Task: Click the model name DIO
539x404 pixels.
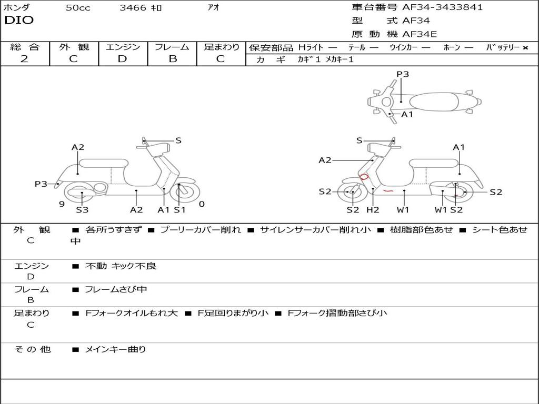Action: coord(19,21)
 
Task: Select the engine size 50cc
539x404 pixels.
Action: coord(78,8)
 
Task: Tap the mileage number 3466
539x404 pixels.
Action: coord(133,8)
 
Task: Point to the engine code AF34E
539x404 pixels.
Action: coord(420,35)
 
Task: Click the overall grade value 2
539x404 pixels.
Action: coord(24,59)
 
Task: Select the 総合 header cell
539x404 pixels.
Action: coord(25,47)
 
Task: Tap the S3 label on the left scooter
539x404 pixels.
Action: coord(82,210)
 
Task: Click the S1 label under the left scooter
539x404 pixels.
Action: coord(180,210)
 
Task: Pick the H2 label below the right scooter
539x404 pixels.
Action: coord(373,210)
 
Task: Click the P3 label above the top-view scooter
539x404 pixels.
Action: coord(403,74)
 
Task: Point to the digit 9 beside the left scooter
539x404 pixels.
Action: coord(62,204)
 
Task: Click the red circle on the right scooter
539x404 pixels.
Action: coord(363,177)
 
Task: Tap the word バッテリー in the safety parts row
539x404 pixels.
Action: coord(503,48)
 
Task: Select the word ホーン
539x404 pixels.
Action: coord(452,48)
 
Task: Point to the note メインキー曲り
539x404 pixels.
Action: coord(116,349)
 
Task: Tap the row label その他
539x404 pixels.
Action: coord(32,349)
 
